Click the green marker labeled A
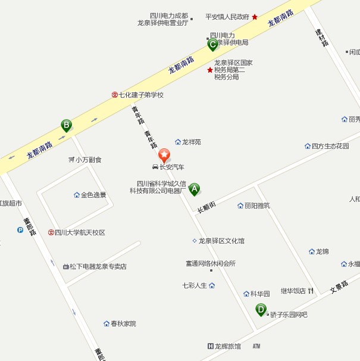[194, 189]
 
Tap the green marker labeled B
[67, 125]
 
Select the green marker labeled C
[212, 44]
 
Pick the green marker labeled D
[261, 309]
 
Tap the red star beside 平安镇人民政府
[255, 17]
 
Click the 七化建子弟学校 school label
[140, 95]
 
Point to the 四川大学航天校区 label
[80, 232]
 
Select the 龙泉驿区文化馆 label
[221, 241]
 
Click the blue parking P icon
[20, 229]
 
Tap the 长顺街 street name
[206, 206]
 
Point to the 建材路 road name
[322, 36]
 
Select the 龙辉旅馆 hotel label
[228, 346]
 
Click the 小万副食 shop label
[88, 160]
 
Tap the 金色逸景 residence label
[93, 195]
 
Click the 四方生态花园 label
[330, 146]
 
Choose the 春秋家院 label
[123, 323]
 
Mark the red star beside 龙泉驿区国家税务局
[209, 70]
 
